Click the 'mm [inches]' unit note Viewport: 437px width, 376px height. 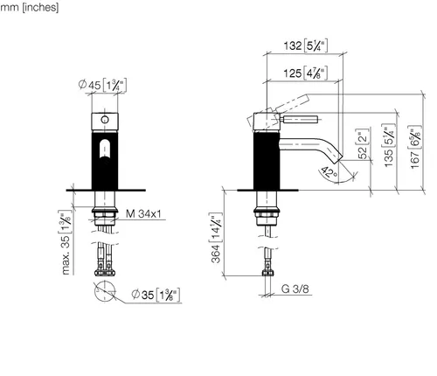coord(29,7)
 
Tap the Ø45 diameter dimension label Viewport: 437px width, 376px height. coord(102,86)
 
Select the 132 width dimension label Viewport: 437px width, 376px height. coord(306,45)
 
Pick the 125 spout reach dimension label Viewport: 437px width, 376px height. coord(306,73)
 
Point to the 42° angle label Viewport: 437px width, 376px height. coord(329,173)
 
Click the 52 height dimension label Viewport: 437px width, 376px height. coord(363,144)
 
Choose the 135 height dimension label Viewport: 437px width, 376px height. coord(390,145)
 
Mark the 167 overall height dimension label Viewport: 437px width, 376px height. coord(416,147)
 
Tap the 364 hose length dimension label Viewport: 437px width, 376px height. coord(216,238)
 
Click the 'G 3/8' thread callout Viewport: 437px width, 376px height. coord(295,289)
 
